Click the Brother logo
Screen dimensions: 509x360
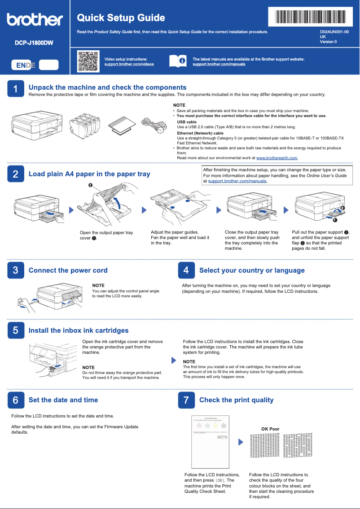click(35, 20)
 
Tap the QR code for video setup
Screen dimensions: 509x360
click(88, 61)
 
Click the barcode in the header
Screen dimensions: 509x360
click(310, 17)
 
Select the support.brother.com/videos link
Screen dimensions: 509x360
click(129, 65)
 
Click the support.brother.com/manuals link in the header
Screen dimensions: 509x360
click(219, 65)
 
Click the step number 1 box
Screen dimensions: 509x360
click(16, 89)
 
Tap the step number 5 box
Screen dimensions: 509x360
click(16, 331)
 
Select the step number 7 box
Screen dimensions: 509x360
click(186, 400)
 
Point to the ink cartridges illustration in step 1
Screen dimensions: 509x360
click(86, 124)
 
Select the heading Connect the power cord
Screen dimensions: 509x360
click(68, 270)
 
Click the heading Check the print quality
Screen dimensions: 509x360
click(236, 400)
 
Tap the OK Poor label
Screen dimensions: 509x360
click(270, 429)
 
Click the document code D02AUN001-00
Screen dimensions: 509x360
click(334, 32)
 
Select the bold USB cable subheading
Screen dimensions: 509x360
click(186, 122)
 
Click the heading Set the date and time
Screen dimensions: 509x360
click(63, 400)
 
